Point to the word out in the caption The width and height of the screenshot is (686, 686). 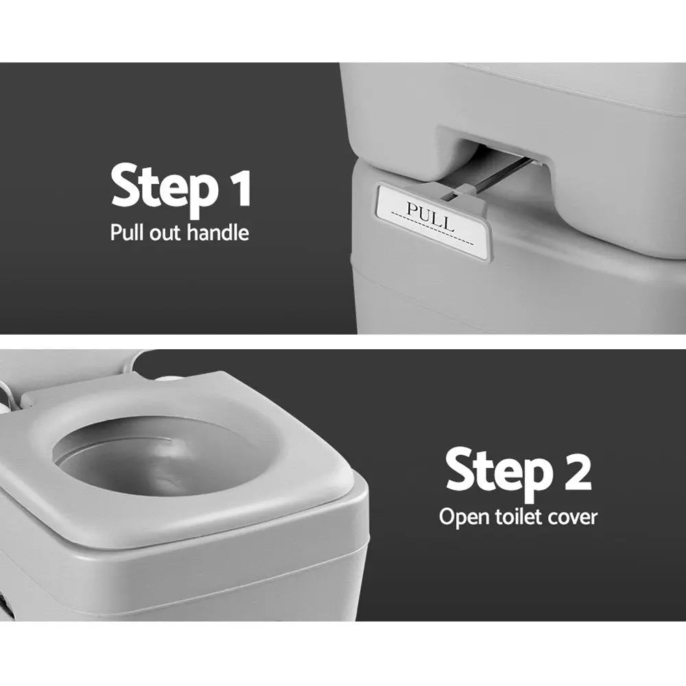point(163,233)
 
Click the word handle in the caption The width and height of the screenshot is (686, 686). point(215,233)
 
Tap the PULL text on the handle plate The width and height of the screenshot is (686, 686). point(430,215)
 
